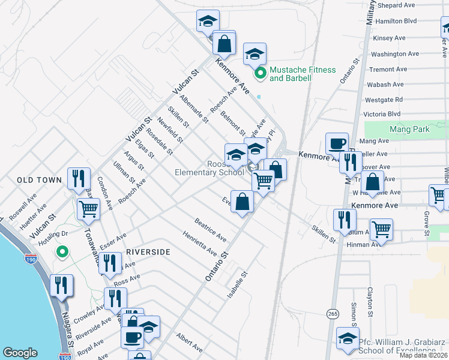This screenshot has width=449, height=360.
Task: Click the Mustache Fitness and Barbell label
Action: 303,74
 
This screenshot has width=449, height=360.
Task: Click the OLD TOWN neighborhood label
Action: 39,180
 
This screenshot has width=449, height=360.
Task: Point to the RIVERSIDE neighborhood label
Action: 148,253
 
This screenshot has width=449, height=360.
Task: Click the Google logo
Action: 20,353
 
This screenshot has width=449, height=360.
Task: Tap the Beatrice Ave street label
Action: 210,229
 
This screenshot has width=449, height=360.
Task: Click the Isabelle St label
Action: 238,286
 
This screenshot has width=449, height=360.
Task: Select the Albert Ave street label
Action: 189,343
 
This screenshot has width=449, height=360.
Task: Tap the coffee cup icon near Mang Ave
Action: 337,144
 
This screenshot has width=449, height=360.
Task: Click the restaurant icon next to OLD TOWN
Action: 79,178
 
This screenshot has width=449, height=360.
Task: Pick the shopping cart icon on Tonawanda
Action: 89,209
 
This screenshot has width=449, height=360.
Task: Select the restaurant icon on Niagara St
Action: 62,286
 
